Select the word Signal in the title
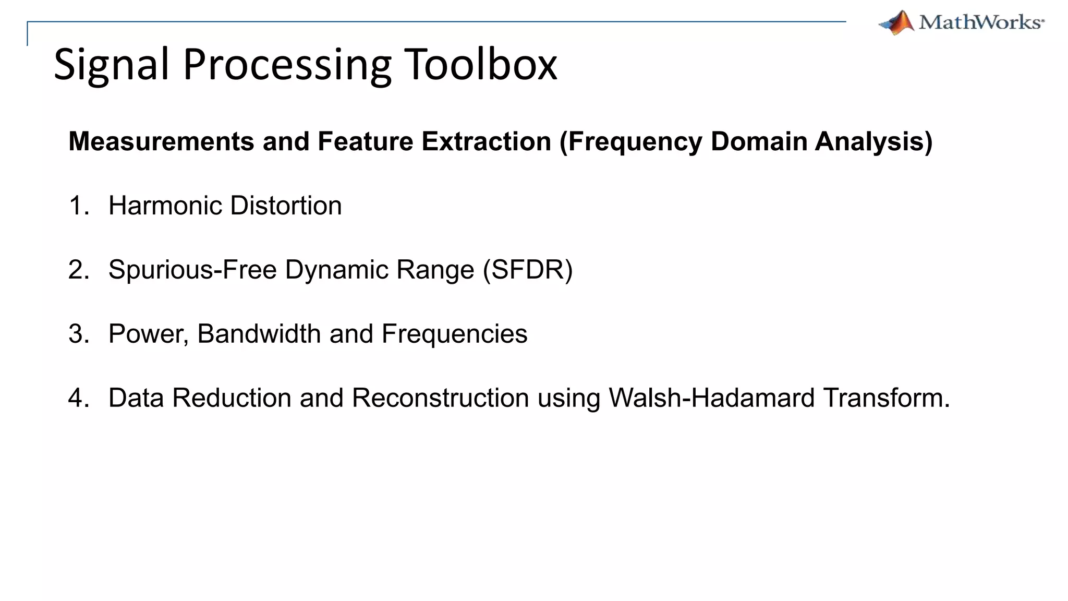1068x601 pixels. click(111, 65)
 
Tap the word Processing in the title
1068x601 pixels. click(287, 65)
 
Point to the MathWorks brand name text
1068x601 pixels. click(981, 22)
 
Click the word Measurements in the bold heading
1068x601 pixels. click(161, 141)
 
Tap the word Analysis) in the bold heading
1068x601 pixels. click(873, 141)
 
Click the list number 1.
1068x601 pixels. click(78, 206)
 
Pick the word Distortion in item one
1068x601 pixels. click(286, 206)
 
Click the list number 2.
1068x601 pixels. click(78, 270)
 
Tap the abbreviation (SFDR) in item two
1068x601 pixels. click(528, 270)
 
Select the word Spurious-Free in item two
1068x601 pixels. click(192, 270)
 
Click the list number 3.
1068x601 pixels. click(78, 334)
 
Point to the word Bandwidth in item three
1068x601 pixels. click(259, 334)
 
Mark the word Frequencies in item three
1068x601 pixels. click(454, 334)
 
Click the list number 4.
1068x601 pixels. click(78, 398)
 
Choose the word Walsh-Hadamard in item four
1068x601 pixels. click(711, 398)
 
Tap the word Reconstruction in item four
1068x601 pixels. click(440, 398)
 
